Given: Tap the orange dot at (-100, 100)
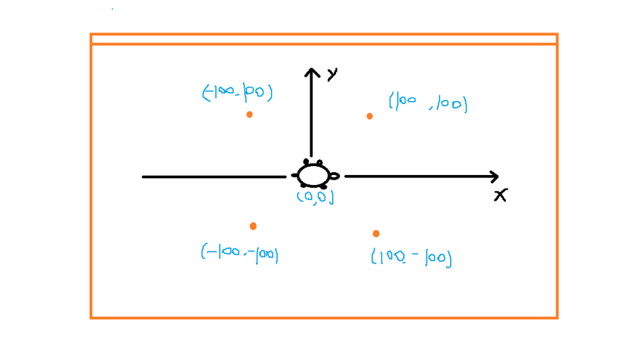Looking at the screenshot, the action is tap(249, 115).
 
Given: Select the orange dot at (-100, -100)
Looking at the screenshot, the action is tap(253, 226).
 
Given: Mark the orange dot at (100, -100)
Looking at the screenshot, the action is tap(376, 233).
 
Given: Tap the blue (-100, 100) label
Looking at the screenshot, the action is tap(237, 92).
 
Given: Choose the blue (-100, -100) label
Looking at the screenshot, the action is tap(239, 254).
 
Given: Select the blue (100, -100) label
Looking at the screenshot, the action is tap(411, 258).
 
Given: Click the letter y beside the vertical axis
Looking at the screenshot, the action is tap(333, 74).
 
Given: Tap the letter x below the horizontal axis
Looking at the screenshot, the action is tap(501, 195).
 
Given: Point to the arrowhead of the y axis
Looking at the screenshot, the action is tap(312, 69).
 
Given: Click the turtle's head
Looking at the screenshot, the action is tap(334, 176).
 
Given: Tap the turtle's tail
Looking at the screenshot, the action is tap(294, 175).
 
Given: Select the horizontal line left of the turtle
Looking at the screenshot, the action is tap(214, 177).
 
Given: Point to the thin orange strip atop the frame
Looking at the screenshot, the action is tap(324, 39).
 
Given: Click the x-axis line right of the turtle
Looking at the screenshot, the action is tap(421, 177).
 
